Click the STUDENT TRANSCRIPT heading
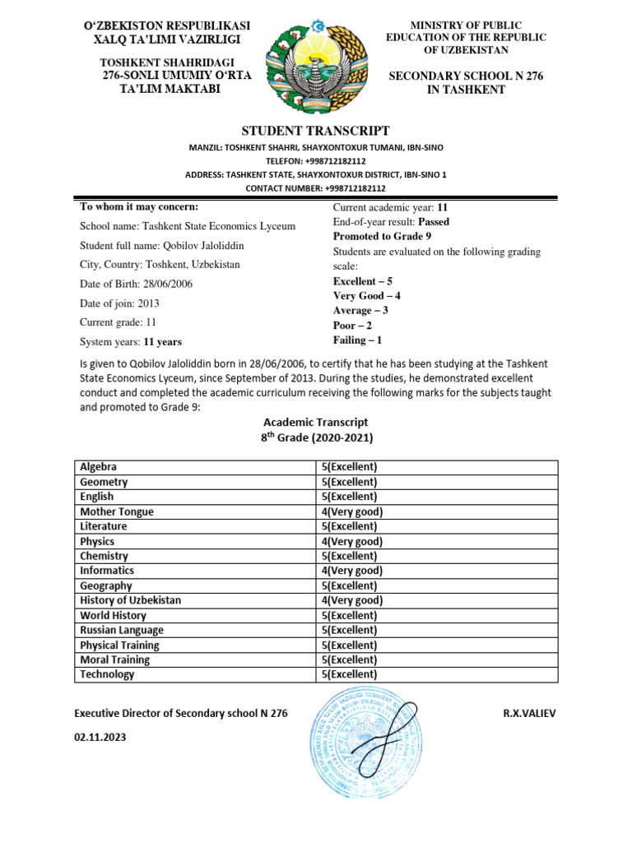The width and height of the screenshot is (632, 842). point(315,131)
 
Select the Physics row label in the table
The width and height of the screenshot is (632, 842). point(97,541)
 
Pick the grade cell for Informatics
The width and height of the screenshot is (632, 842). point(351,571)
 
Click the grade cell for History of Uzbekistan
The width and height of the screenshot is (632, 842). point(351,600)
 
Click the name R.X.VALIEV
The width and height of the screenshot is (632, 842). point(529,714)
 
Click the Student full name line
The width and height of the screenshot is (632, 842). point(161,246)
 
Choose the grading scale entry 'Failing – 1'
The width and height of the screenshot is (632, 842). point(357,340)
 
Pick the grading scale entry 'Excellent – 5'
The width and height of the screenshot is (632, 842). point(362,281)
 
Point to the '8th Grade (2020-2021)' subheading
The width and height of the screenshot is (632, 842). point(315,438)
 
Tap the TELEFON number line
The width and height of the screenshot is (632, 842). point(315,161)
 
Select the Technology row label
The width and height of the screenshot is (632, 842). point(107,674)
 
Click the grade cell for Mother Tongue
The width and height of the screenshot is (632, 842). point(351,511)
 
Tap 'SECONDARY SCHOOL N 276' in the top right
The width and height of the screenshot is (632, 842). point(466,76)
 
